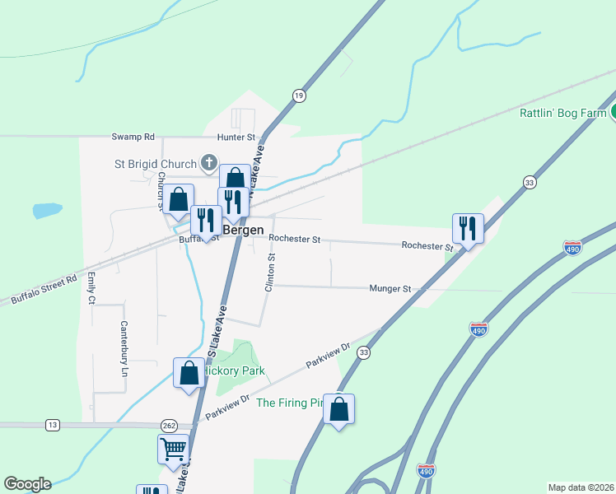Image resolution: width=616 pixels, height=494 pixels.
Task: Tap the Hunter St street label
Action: (x=237, y=137)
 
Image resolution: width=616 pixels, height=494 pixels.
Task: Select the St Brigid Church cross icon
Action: (x=210, y=162)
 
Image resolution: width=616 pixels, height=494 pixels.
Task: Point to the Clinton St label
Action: (x=270, y=273)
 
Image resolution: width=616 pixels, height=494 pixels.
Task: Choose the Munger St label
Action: (x=390, y=289)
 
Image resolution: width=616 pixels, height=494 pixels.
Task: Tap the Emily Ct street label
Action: (x=91, y=288)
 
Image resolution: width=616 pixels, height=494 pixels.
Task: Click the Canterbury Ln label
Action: (x=124, y=343)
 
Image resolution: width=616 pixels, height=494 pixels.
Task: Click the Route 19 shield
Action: (x=298, y=96)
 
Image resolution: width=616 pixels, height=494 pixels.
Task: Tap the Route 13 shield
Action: (x=53, y=425)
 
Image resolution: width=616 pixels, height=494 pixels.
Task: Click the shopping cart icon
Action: (x=173, y=450)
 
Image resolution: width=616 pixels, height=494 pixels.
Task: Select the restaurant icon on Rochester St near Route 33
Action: (x=468, y=228)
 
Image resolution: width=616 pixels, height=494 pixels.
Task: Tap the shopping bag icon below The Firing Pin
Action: (x=338, y=408)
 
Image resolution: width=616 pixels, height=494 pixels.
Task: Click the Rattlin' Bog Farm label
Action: (x=563, y=113)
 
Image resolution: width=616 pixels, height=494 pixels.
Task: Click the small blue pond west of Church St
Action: (x=47, y=210)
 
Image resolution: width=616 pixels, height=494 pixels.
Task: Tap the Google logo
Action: (x=27, y=484)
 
